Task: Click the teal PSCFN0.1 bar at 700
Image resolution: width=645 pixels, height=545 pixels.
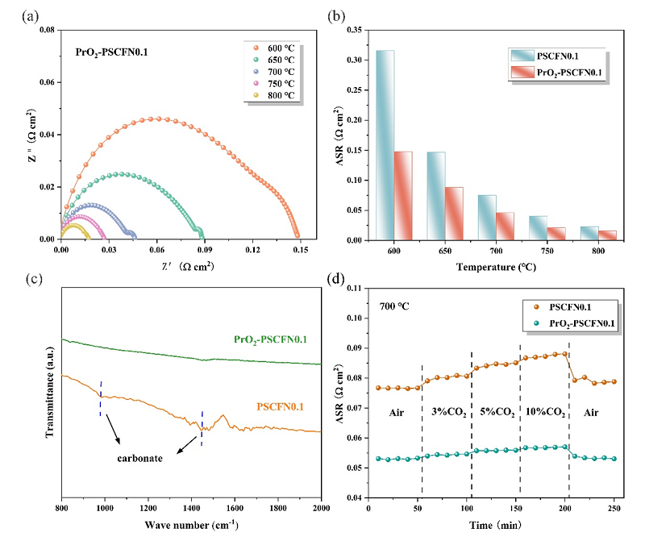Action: (487, 217)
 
